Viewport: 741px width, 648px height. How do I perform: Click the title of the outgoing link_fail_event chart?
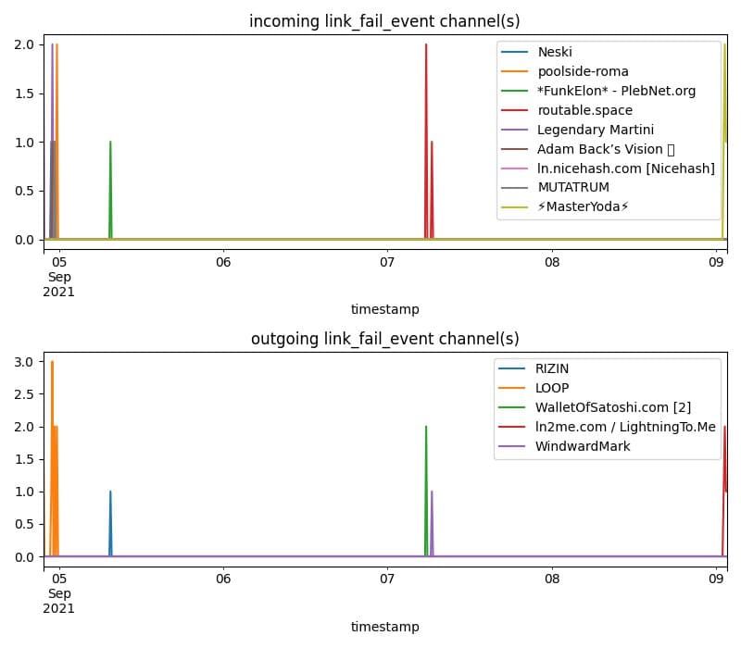tap(384, 339)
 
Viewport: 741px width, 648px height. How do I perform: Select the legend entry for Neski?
tap(556, 52)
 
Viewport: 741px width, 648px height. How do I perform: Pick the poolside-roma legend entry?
tap(583, 71)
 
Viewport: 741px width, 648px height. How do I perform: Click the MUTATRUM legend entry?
tap(573, 187)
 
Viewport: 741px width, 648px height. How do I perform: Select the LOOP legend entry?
tap(552, 388)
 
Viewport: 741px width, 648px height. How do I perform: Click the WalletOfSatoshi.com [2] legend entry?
tap(612, 407)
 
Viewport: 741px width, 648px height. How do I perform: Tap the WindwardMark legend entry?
tap(583, 446)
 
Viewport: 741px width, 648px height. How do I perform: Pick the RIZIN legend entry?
tap(553, 368)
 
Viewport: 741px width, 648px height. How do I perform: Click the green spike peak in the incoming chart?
tap(110, 143)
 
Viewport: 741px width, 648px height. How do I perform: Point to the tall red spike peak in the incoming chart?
tap(426, 45)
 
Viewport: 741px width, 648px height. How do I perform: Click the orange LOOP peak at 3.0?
tap(52, 362)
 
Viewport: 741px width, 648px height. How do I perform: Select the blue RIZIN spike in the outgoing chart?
tap(110, 492)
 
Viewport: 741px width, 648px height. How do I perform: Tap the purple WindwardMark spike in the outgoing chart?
tap(432, 492)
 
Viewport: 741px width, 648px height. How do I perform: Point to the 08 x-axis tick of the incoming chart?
tap(552, 262)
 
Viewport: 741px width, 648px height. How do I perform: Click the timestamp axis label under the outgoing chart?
tap(384, 627)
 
